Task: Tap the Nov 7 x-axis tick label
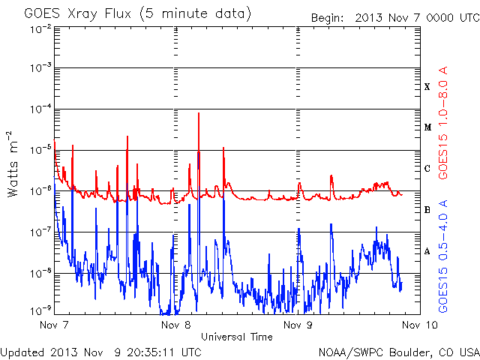(x=54, y=325)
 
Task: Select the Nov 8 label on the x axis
(x=175, y=325)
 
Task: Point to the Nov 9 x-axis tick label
(x=298, y=325)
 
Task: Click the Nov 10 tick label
(x=420, y=325)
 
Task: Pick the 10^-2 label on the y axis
(x=40, y=29)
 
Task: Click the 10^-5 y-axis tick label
(x=40, y=150)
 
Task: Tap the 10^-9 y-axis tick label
(x=40, y=311)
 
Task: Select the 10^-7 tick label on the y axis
(x=40, y=232)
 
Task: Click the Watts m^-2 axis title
(x=12, y=164)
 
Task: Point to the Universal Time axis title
(x=237, y=337)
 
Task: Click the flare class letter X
(x=427, y=87)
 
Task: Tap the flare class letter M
(x=427, y=127)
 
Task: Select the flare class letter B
(x=427, y=210)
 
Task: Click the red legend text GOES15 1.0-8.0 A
(x=443, y=123)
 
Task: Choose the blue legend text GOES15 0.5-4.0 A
(x=443, y=256)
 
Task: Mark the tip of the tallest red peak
(x=199, y=113)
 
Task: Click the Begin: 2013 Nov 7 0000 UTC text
(x=395, y=18)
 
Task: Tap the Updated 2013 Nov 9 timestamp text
(x=100, y=352)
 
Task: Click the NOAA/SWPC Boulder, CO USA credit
(x=399, y=352)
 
